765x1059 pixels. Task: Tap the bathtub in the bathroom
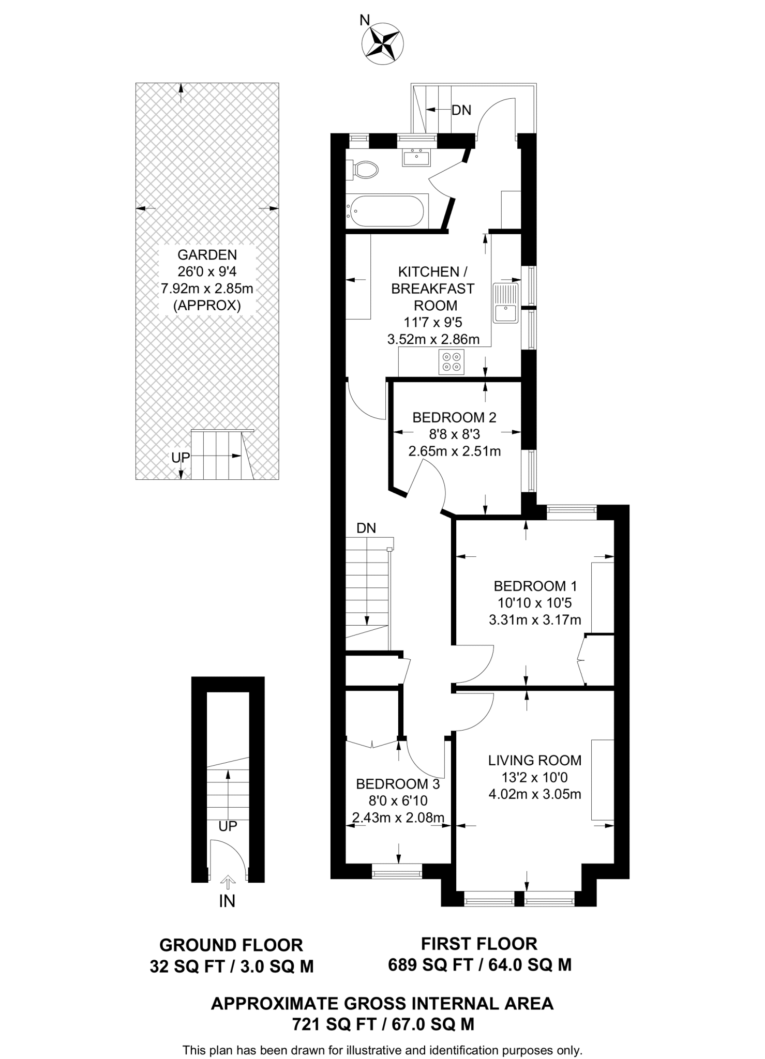[387, 211]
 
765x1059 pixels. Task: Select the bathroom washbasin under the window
[416, 157]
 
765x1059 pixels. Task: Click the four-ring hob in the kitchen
[451, 361]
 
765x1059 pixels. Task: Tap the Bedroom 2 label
[454, 417]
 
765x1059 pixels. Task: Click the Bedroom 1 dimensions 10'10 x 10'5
[535, 602]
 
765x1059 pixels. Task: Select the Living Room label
[535, 760]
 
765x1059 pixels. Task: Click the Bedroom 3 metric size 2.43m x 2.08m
[398, 818]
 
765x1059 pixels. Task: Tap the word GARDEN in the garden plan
[207, 254]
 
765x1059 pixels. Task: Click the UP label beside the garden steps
[181, 457]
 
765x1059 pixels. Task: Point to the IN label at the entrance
[227, 901]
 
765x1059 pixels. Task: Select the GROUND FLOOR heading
[231, 945]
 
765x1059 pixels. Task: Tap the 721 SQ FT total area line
[383, 1024]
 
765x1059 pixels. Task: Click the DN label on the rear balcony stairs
[461, 110]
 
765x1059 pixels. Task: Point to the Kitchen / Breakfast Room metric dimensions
[433, 339]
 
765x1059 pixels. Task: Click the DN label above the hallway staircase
[366, 528]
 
